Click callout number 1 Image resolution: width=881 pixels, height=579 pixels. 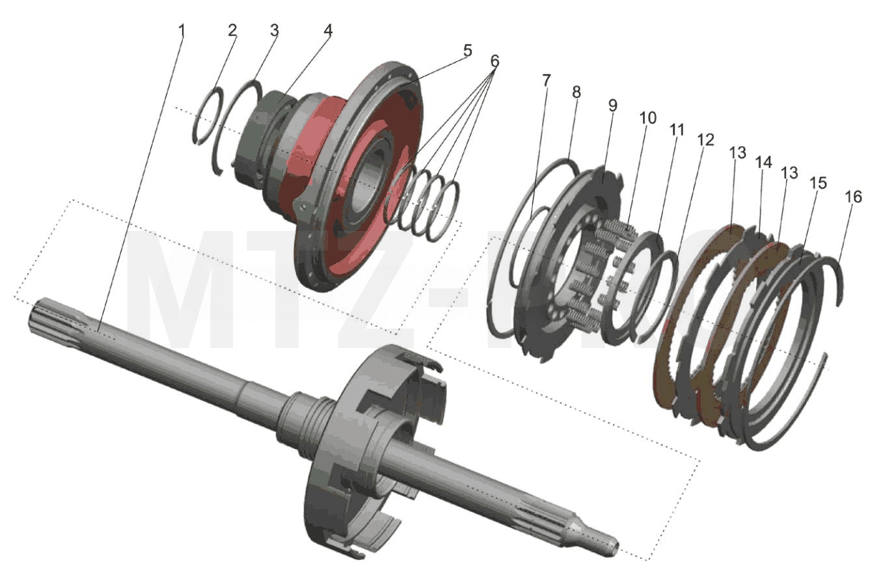(x=182, y=31)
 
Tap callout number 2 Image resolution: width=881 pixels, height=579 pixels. (x=232, y=31)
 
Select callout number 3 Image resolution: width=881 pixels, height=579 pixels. (x=274, y=31)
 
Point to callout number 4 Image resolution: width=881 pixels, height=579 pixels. (x=328, y=31)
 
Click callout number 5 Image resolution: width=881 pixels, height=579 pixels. (x=467, y=51)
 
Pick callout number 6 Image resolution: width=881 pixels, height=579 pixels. (x=495, y=61)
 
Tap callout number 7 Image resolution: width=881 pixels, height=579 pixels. (x=546, y=80)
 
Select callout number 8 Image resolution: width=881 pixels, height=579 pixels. (x=576, y=92)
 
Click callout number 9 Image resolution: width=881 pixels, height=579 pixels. (x=613, y=105)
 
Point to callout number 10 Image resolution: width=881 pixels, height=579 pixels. (x=648, y=118)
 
